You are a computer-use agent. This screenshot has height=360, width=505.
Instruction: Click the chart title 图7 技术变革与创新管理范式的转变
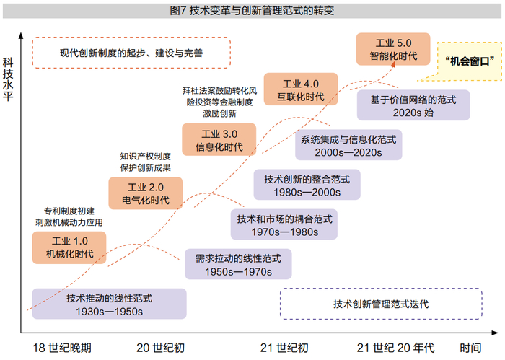[x=252, y=11]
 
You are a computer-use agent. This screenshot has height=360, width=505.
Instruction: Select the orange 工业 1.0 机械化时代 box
[x=69, y=247]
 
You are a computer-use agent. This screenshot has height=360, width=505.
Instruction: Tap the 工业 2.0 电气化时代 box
[x=146, y=193]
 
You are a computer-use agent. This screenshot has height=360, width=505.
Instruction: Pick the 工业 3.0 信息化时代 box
[x=219, y=140]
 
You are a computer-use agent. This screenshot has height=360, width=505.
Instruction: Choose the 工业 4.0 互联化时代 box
[x=301, y=89]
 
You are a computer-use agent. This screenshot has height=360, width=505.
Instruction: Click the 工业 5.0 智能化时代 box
[x=393, y=49]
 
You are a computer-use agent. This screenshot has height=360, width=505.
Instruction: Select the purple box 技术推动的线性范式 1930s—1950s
[x=109, y=304]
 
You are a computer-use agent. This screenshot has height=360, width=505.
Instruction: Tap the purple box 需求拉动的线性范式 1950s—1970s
[x=238, y=264]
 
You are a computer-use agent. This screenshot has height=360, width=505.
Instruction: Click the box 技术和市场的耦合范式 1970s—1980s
[x=284, y=224]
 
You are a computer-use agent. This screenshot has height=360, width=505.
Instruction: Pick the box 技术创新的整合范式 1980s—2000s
[x=307, y=185]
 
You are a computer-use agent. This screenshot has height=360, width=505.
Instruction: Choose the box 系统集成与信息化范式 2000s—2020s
[x=348, y=145]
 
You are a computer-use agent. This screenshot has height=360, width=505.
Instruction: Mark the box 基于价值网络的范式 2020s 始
[x=413, y=105]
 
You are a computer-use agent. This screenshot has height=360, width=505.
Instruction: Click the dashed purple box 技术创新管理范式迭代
[x=381, y=304]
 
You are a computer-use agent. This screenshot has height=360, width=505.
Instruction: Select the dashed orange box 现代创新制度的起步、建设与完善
[x=131, y=53]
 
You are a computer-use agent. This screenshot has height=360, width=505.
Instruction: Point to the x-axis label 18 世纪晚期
[x=62, y=348]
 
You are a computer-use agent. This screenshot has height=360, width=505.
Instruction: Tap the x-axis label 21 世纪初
[x=284, y=348]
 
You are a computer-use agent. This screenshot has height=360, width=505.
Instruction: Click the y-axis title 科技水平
[x=8, y=79]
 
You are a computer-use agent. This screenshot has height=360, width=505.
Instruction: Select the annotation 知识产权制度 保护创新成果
[x=146, y=162]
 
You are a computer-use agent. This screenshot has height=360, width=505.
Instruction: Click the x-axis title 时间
[x=470, y=348]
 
